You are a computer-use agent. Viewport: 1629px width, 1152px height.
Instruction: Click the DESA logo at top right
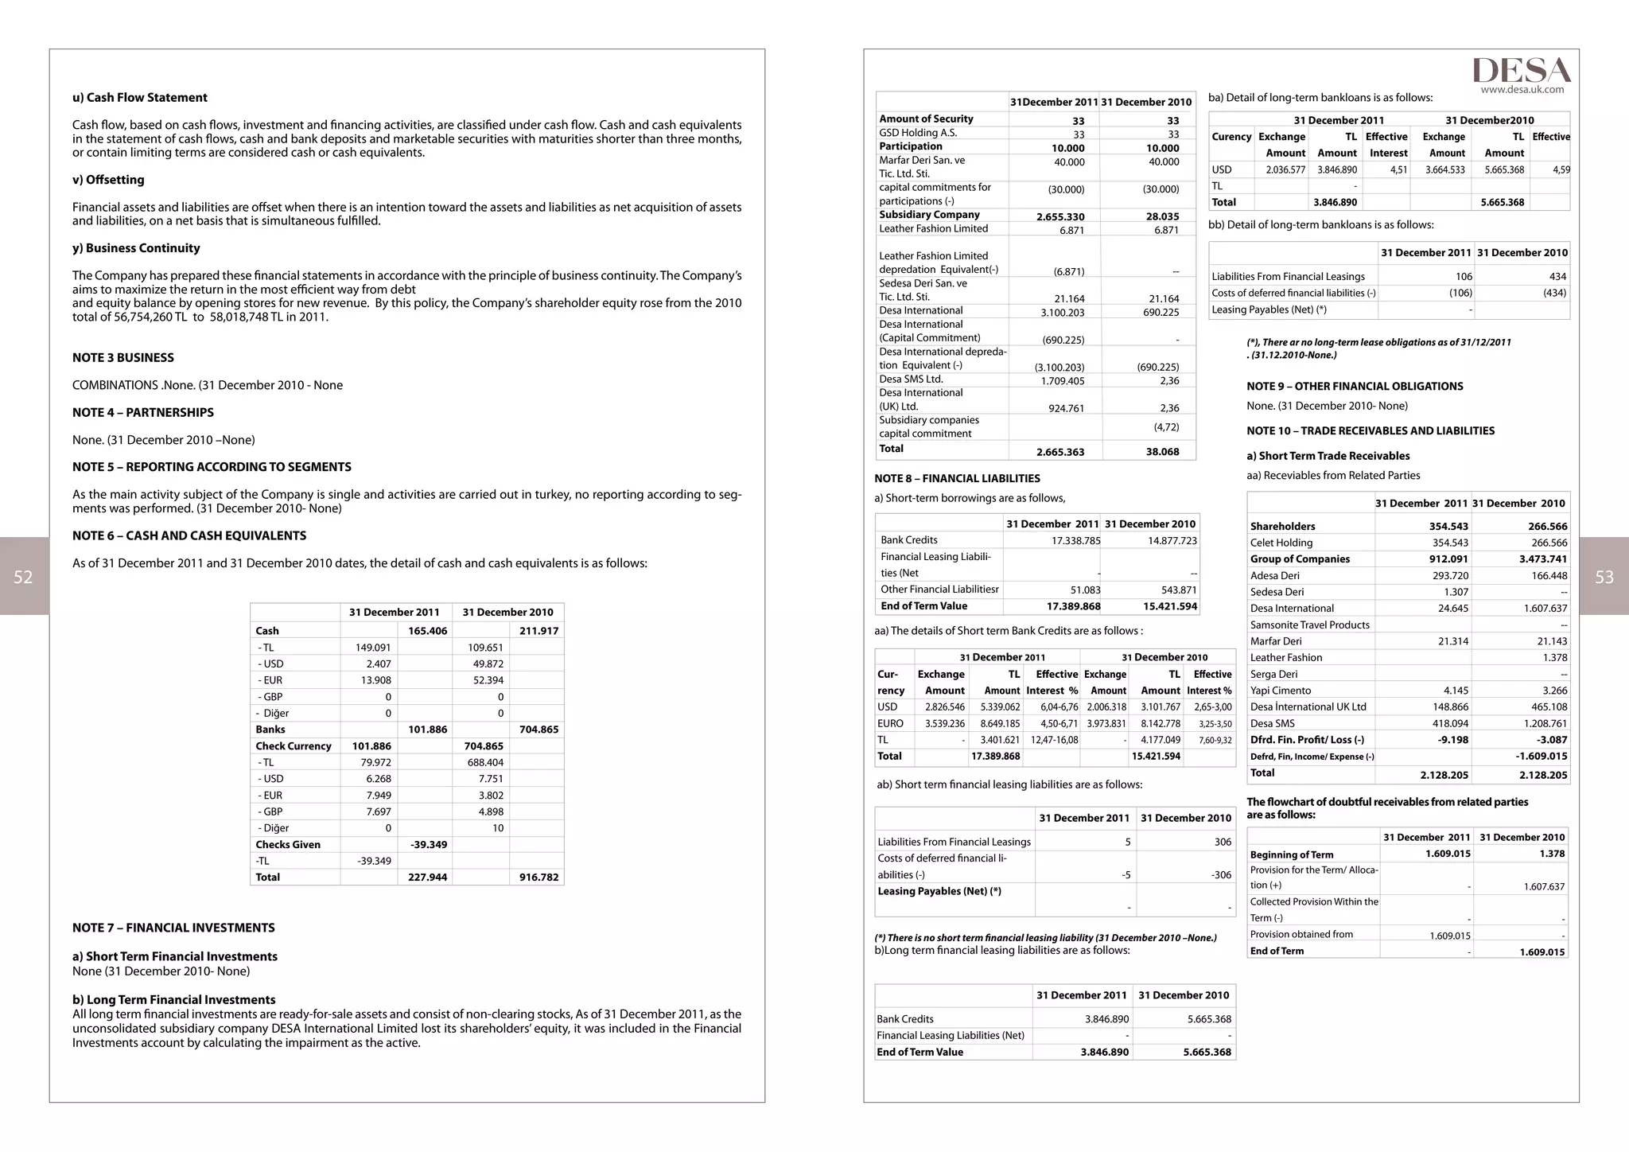pos(1521,70)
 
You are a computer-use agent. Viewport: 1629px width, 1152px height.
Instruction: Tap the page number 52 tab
pos(24,577)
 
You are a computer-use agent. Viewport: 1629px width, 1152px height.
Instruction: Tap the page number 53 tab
pos(1604,577)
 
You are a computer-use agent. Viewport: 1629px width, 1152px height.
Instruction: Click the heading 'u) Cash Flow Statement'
pos(140,98)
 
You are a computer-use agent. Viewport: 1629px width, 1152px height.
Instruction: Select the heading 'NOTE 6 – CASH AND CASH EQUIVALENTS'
pos(189,536)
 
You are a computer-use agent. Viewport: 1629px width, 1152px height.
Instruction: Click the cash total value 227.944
pos(427,878)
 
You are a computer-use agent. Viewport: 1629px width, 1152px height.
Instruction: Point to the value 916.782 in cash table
pos(538,878)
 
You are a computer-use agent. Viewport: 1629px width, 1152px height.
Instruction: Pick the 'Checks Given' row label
pos(288,845)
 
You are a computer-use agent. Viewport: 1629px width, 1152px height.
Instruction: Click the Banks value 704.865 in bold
pos(538,730)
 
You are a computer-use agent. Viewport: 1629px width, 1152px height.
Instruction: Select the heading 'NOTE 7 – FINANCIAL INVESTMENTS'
pos(173,928)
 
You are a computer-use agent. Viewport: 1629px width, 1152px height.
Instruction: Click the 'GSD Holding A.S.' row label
pos(918,133)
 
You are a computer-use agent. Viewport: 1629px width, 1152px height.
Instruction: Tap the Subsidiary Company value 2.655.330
pos(1060,216)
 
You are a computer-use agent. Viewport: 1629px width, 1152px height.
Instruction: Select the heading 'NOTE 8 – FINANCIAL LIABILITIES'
pos(957,479)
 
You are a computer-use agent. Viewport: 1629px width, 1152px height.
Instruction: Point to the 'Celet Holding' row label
pos(1281,543)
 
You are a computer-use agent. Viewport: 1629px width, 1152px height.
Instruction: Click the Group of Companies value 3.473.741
pos(1542,559)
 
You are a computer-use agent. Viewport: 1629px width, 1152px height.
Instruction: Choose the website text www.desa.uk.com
pos(1522,90)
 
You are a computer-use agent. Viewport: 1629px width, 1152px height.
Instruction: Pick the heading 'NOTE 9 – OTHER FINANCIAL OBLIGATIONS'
pos(1355,387)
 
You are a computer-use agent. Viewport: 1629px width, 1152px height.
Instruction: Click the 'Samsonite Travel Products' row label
pos(1309,625)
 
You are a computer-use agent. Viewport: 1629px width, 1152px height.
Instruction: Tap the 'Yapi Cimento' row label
pos(1281,691)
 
